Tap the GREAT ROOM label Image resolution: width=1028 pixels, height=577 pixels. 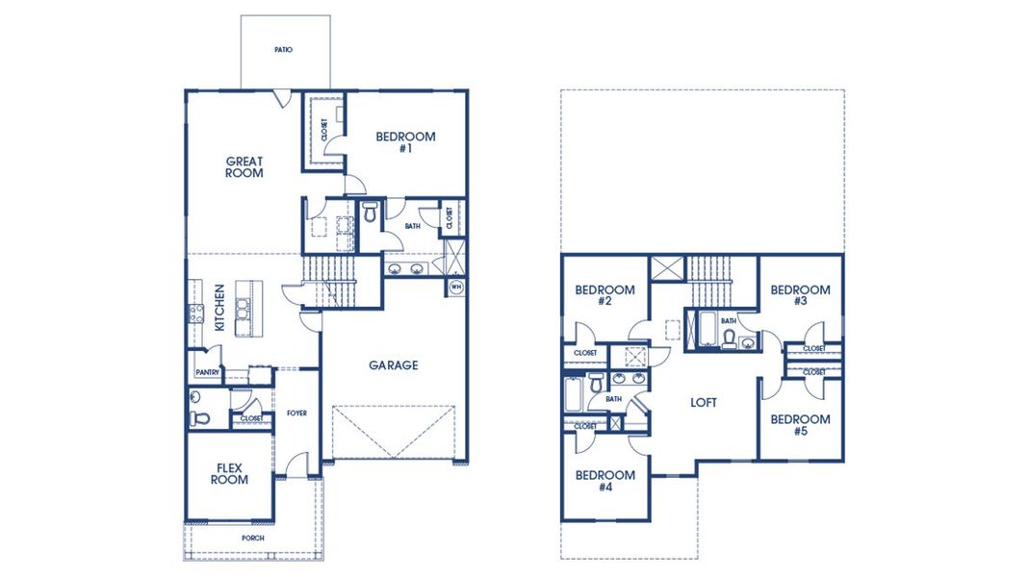[244, 167]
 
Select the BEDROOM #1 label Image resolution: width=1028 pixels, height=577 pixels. [404, 142]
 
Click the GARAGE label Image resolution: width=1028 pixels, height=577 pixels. [394, 365]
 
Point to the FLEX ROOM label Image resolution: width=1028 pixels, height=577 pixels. [230, 473]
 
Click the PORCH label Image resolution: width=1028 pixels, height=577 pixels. [253, 538]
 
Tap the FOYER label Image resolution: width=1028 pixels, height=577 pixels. [296, 414]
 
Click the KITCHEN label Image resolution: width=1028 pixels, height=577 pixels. [219, 308]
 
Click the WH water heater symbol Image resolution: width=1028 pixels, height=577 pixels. [455, 286]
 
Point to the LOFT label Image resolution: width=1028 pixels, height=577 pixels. [703, 403]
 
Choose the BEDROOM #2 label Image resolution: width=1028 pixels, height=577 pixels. [604, 295]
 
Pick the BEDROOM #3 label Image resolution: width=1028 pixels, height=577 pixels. [800, 295]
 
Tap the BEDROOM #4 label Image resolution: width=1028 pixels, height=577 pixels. [604, 481]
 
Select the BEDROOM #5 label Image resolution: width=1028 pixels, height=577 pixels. [800, 425]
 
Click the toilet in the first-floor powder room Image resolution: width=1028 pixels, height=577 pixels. [198, 416]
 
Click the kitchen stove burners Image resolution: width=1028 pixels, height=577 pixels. [195, 311]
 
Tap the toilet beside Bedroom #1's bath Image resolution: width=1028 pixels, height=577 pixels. [371, 213]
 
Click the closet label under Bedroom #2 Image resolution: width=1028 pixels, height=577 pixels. [585, 353]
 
